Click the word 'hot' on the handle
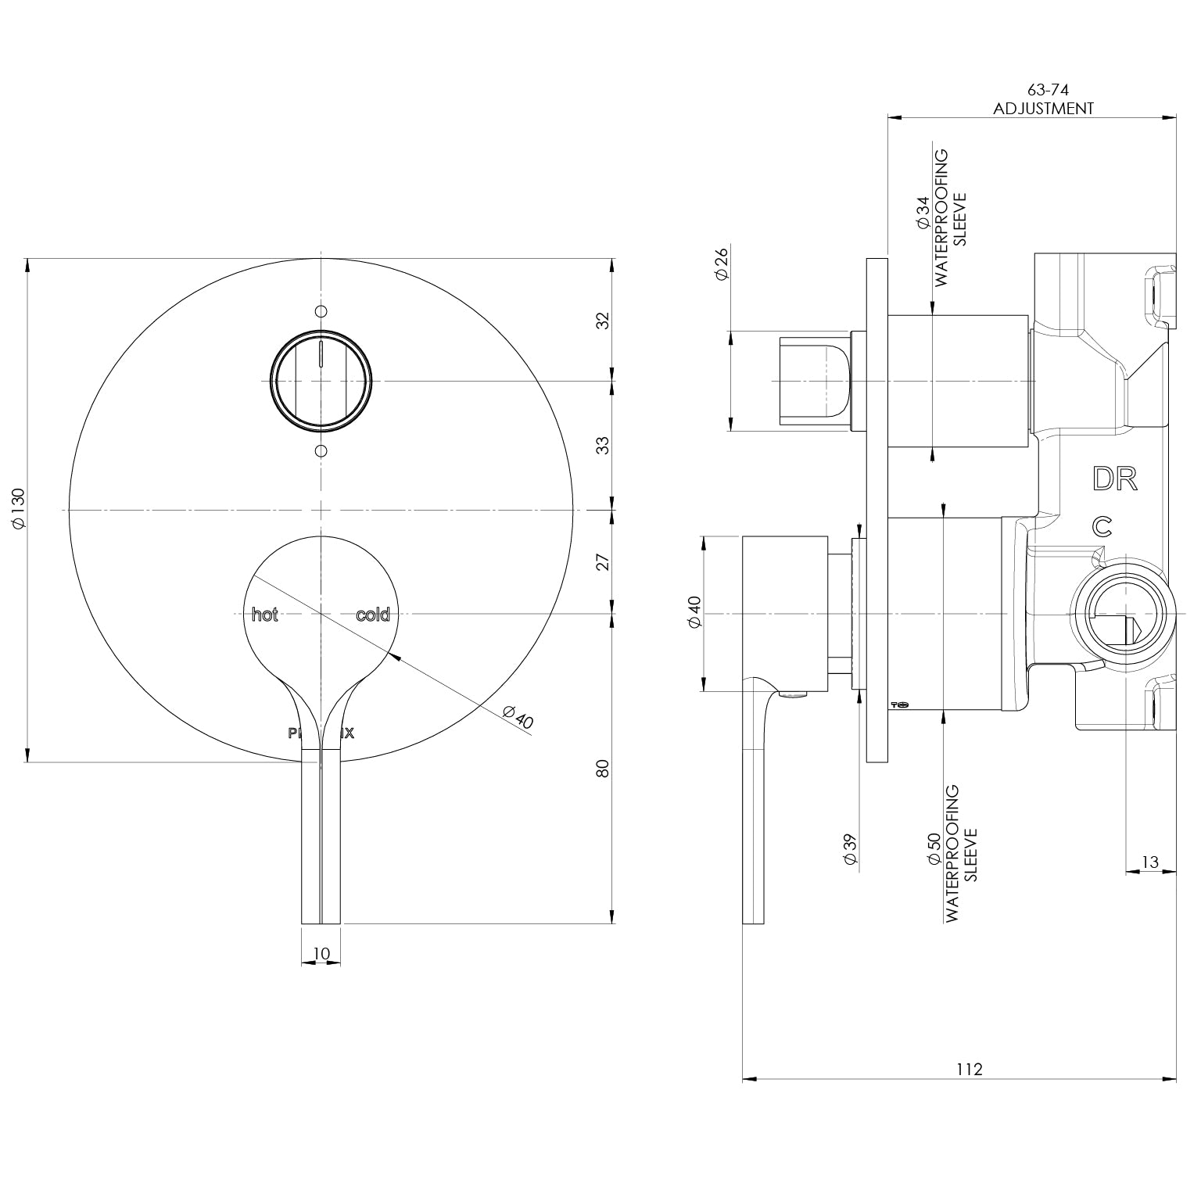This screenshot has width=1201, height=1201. pyautogui.click(x=265, y=615)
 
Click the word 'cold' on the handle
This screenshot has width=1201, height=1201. pyautogui.click(x=372, y=615)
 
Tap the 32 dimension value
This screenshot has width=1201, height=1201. pyautogui.click(x=602, y=320)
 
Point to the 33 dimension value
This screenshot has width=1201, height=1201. pyautogui.click(x=602, y=445)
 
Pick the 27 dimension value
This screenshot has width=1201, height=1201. pyautogui.click(x=602, y=561)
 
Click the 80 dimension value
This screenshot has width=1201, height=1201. pyautogui.click(x=602, y=768)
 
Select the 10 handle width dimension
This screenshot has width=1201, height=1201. pyautogui.click(x=321, y=953)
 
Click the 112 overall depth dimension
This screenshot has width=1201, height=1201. pyautogui.click(x=969, y=1069)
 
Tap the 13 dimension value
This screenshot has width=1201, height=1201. pyautogui.click(x=1150, y=862)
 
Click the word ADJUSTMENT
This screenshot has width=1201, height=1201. pyautogui.click(x=1043, y=109)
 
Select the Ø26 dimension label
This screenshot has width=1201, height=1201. pyautogui.click(x=721, y=264)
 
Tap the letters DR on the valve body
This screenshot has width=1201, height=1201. pyautogui.click(x=1114, y=479)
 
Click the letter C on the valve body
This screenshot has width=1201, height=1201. pyautogui.click(x=1102, y=526)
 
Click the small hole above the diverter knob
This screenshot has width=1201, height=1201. pyautogui.click(x=321, y=311)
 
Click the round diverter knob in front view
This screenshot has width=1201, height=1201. pyautogui.click(x=321, y=381)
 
